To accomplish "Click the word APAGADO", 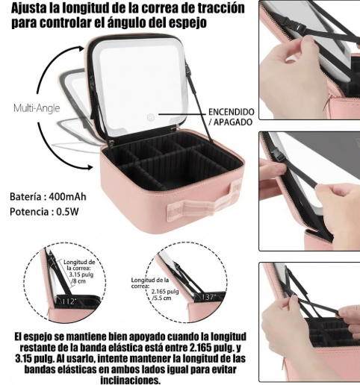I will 234,122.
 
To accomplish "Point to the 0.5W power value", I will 72,212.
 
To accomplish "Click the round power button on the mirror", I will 150,116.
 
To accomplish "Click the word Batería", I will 27,197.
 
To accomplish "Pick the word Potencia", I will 30,212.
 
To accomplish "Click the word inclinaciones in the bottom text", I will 123,380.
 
